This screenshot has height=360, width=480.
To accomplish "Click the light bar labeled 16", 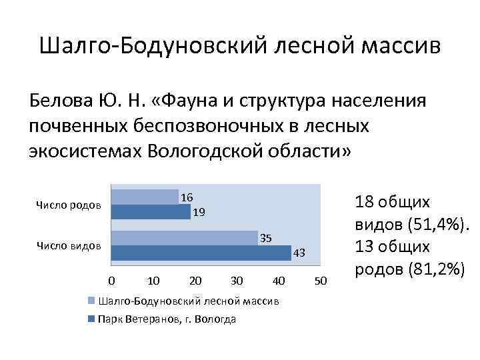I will (x=144, y=197).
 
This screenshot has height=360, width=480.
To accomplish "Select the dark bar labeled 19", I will (x=150, y=212).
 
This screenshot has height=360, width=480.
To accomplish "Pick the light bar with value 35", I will (x=184, y=238).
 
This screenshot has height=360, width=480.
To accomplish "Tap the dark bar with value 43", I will (x=201, y=253).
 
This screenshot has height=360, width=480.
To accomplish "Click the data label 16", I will (x=187, y=197).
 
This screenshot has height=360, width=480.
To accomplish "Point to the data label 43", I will (x=299, y=253).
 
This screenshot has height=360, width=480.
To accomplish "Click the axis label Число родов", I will (x=69, y=205).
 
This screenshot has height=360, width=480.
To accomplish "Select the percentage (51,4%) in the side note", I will (x=437, y=224).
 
